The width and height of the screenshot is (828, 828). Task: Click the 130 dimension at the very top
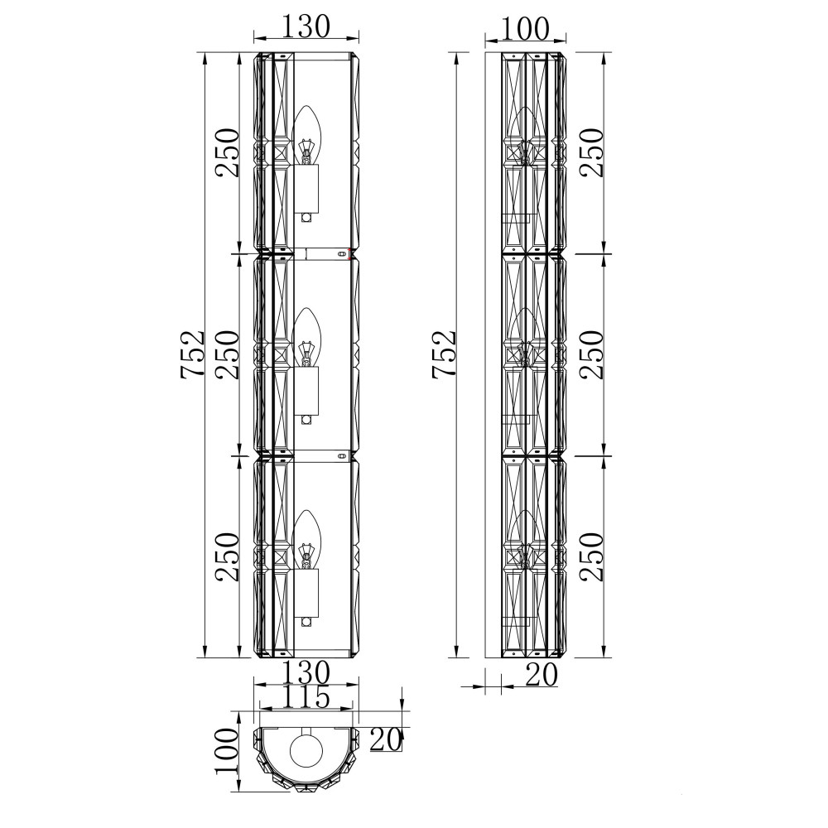[306, 26]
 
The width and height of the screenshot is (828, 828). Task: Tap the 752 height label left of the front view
[192, 354]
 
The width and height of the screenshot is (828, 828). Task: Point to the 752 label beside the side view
[444, 354]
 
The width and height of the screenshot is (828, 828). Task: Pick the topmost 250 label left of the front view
[227, 152]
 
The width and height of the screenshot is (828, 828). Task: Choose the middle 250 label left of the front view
[227, 354]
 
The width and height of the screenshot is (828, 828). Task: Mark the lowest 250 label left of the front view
[227, 556]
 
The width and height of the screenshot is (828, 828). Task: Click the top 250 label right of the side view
[591, 152]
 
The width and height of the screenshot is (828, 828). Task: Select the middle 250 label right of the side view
[591, 354]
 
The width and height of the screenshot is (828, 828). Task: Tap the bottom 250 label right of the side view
[591, 556]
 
